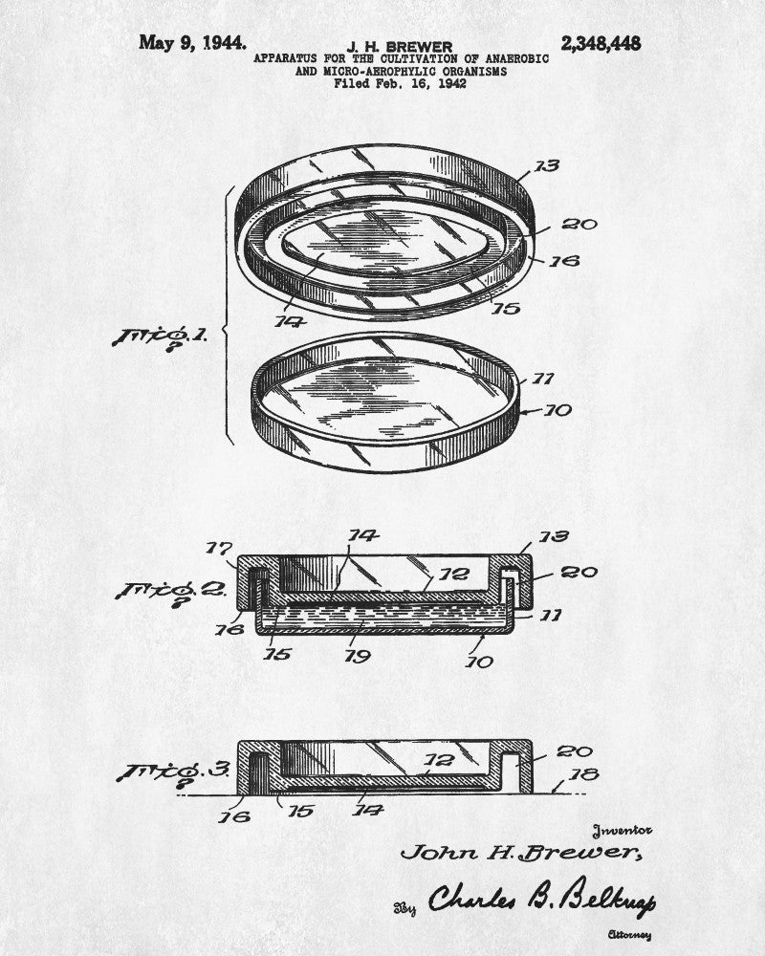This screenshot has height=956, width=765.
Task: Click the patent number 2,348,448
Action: [601, 43]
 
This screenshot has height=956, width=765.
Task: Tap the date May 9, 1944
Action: [193, 43]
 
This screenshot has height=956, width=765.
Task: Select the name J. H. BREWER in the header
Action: [400, 46]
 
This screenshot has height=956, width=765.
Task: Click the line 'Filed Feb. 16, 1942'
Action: [401, 83]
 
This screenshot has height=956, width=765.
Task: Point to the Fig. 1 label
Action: [160, 337]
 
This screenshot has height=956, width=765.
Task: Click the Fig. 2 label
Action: [171, 593]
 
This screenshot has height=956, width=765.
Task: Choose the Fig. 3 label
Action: [173, 771]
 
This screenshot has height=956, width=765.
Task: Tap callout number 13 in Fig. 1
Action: [547, 165]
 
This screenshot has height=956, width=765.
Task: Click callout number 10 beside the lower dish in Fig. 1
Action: [557, 410]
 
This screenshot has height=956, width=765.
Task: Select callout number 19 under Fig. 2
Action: [358, 656]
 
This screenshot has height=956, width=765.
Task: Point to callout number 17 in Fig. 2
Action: [218, 548]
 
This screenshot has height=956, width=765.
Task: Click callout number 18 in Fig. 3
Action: [584, 774]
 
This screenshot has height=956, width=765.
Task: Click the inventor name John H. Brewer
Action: [521, 852]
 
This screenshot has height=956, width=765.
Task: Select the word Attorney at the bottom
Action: [629, 935]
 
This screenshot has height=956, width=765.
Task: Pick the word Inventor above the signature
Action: [622, 831]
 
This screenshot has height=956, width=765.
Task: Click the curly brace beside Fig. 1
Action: [229, 315]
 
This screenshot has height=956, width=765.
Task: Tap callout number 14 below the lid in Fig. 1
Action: [290, 320]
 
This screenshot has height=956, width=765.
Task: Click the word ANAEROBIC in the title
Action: [517, 59]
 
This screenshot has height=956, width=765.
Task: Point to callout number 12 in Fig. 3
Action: [439, 760]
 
